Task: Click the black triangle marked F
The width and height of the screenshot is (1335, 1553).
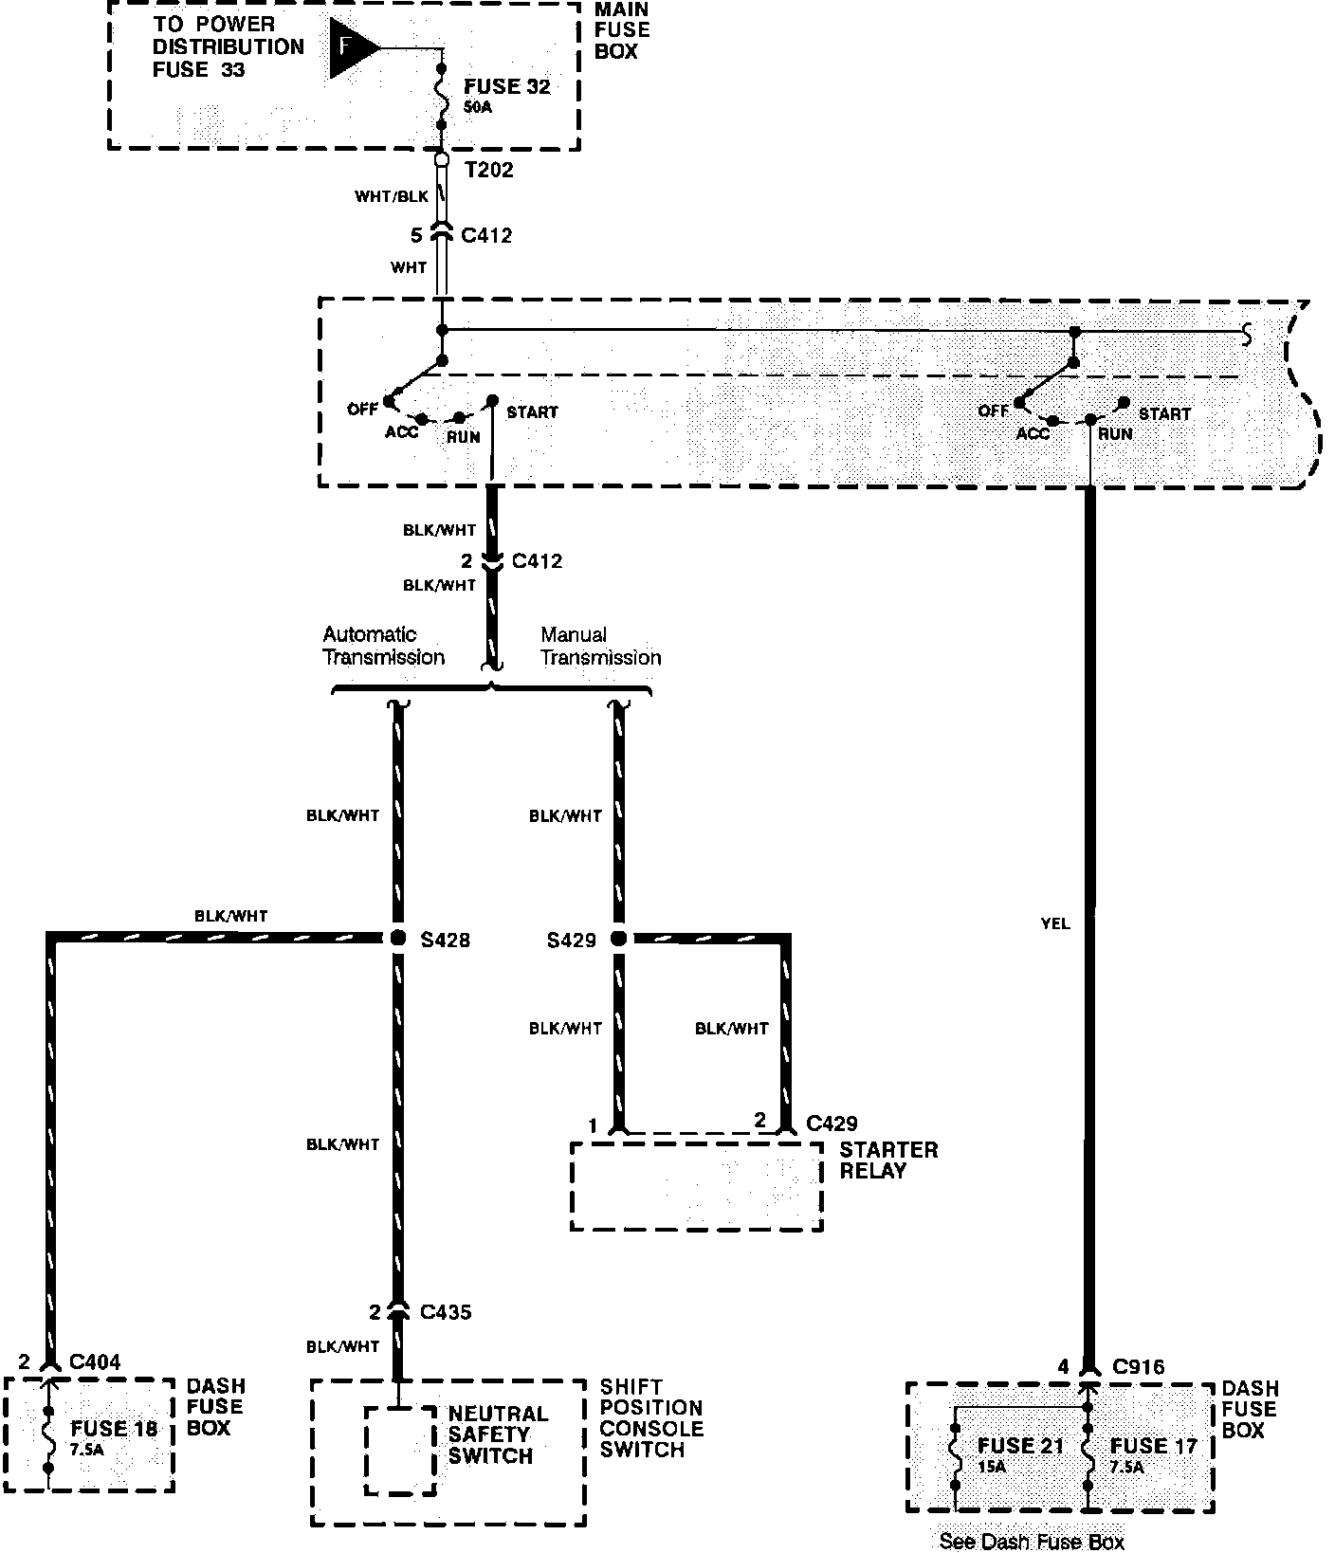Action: tap(351, 47)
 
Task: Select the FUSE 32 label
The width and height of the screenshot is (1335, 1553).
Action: tap(507, 87)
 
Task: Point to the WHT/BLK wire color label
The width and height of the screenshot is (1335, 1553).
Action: tap(392, 196)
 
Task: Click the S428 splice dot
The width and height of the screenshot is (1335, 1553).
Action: tap(398, 939)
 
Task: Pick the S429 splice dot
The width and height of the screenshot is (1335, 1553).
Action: tap(619, 939)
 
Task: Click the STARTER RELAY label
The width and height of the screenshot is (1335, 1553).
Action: tap(888, 1160)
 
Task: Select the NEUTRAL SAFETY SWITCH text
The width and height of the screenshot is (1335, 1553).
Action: tap(497, 1434)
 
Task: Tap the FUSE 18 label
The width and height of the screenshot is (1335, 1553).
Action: tap(114, 1429)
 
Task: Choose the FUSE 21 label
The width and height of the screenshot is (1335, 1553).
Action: tap(1020, 1446)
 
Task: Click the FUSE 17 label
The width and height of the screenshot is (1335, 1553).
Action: tap(1154, 1446)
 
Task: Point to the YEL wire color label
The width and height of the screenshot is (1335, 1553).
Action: tap(1054, 923)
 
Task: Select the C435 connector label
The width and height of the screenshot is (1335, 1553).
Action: tap(445, 1312)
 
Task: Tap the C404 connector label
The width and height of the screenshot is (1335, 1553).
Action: tap(95, 1362)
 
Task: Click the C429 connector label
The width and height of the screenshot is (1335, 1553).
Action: tap(832, 1124)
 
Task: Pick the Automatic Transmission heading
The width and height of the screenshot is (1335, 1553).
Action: tap(383, 646)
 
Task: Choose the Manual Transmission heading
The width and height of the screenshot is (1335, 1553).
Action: tap(600, 646)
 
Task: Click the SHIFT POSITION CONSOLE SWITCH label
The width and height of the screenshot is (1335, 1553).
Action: tap(651, 1418)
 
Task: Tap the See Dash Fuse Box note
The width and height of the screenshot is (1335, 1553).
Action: tap(1032, 1542)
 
